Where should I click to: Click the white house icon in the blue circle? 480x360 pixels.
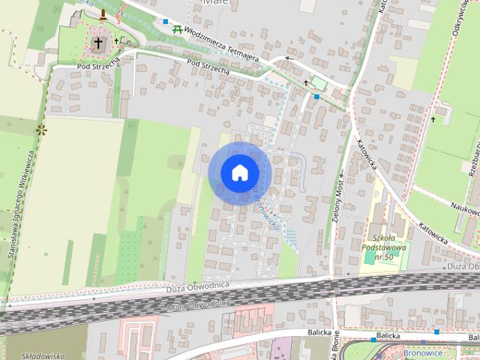239,172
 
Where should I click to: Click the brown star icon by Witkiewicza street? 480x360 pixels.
40,130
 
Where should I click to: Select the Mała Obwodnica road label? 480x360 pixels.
197,305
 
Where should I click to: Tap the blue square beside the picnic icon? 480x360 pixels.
166,22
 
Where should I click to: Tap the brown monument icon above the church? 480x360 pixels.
103,13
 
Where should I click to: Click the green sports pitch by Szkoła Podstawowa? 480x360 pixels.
370,257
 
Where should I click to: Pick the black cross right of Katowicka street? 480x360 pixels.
433,118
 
